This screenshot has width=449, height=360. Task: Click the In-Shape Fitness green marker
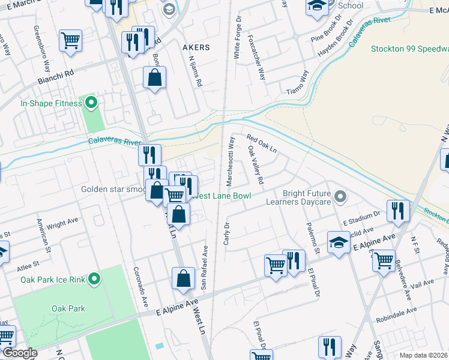(x=91, y=103)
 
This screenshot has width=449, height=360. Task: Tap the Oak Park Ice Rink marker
(x=94, y=278)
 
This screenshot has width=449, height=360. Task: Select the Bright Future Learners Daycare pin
(x=340, y=197)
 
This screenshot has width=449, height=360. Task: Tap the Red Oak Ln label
(x=261, y=144)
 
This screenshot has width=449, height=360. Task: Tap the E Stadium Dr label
(x=362, y=217)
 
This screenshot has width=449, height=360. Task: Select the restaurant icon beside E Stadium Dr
(x=398, y=210)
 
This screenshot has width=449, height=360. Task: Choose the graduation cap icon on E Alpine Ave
(x=339, y=242)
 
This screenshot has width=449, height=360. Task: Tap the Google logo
(x=20, y=353)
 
